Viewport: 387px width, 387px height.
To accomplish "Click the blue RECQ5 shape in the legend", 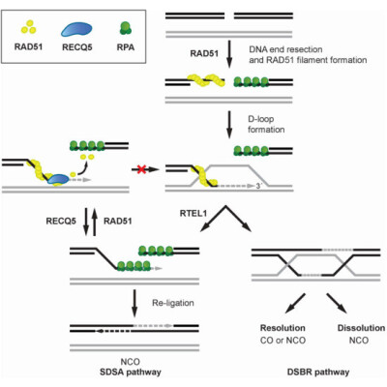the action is point(76,29).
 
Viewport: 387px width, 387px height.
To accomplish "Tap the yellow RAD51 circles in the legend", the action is point(28,27).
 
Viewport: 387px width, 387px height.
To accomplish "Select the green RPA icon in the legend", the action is point(126,28).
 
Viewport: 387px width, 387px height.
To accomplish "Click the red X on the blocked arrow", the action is point(141,169).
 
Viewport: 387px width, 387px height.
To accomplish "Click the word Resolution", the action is point(283,328).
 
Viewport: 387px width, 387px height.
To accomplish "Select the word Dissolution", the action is point(361,328).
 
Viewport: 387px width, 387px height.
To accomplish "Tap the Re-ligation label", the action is point(173,303).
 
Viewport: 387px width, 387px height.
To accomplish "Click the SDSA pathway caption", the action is point(131,372).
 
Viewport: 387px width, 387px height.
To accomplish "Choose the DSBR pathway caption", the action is point(318,372).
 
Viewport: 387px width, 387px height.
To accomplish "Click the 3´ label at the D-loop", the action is point(257,186).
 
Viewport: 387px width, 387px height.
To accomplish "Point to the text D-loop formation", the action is point(266,124).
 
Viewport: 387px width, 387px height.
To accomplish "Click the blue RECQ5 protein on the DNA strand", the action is point(58,179).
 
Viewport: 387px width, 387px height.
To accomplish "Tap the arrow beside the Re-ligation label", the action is point(134,303).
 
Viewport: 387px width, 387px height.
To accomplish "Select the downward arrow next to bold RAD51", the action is point(229,54).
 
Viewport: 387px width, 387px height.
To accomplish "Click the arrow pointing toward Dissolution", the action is point(337,303).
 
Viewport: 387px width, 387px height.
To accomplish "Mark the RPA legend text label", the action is point(126,47).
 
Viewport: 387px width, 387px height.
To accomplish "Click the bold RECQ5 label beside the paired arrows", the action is point(61,221).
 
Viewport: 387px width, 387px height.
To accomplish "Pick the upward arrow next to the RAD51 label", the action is point(95,223).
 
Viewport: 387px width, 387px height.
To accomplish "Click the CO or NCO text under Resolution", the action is point(283,341).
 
